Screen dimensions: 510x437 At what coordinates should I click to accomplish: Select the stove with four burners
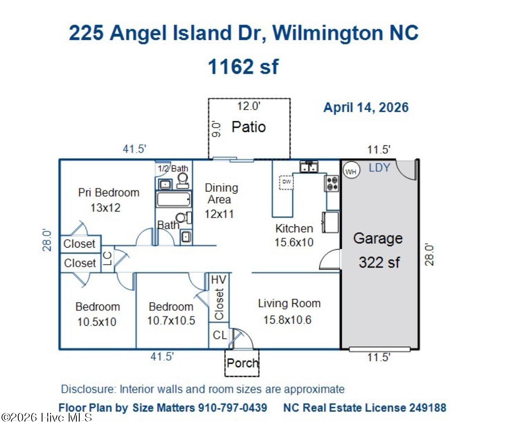(332, 183)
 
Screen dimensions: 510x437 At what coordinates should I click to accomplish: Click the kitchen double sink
(309, 167)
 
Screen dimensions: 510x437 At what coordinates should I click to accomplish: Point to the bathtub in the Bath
(174, 199)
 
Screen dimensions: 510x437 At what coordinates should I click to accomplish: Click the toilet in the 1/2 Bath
(183, 181)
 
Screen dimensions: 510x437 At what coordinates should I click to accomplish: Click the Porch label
(243, 363)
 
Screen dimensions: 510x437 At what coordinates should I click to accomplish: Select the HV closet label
(218, 280)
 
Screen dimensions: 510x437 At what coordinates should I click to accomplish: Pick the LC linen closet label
(108, 259)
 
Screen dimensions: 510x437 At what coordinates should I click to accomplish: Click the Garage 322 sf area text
(379, 262)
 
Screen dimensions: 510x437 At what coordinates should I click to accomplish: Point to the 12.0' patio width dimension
(249, 106)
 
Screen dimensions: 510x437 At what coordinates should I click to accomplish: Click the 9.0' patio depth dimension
(216, 129)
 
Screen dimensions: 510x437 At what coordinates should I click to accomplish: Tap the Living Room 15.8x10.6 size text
(288, 320)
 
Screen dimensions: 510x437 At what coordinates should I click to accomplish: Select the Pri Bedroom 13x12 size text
(105, 208)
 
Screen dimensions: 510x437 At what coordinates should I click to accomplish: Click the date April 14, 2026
(366, 108)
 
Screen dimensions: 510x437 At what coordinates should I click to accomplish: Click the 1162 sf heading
(243, 66)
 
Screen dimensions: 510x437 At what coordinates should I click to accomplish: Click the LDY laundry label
(380, 168)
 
